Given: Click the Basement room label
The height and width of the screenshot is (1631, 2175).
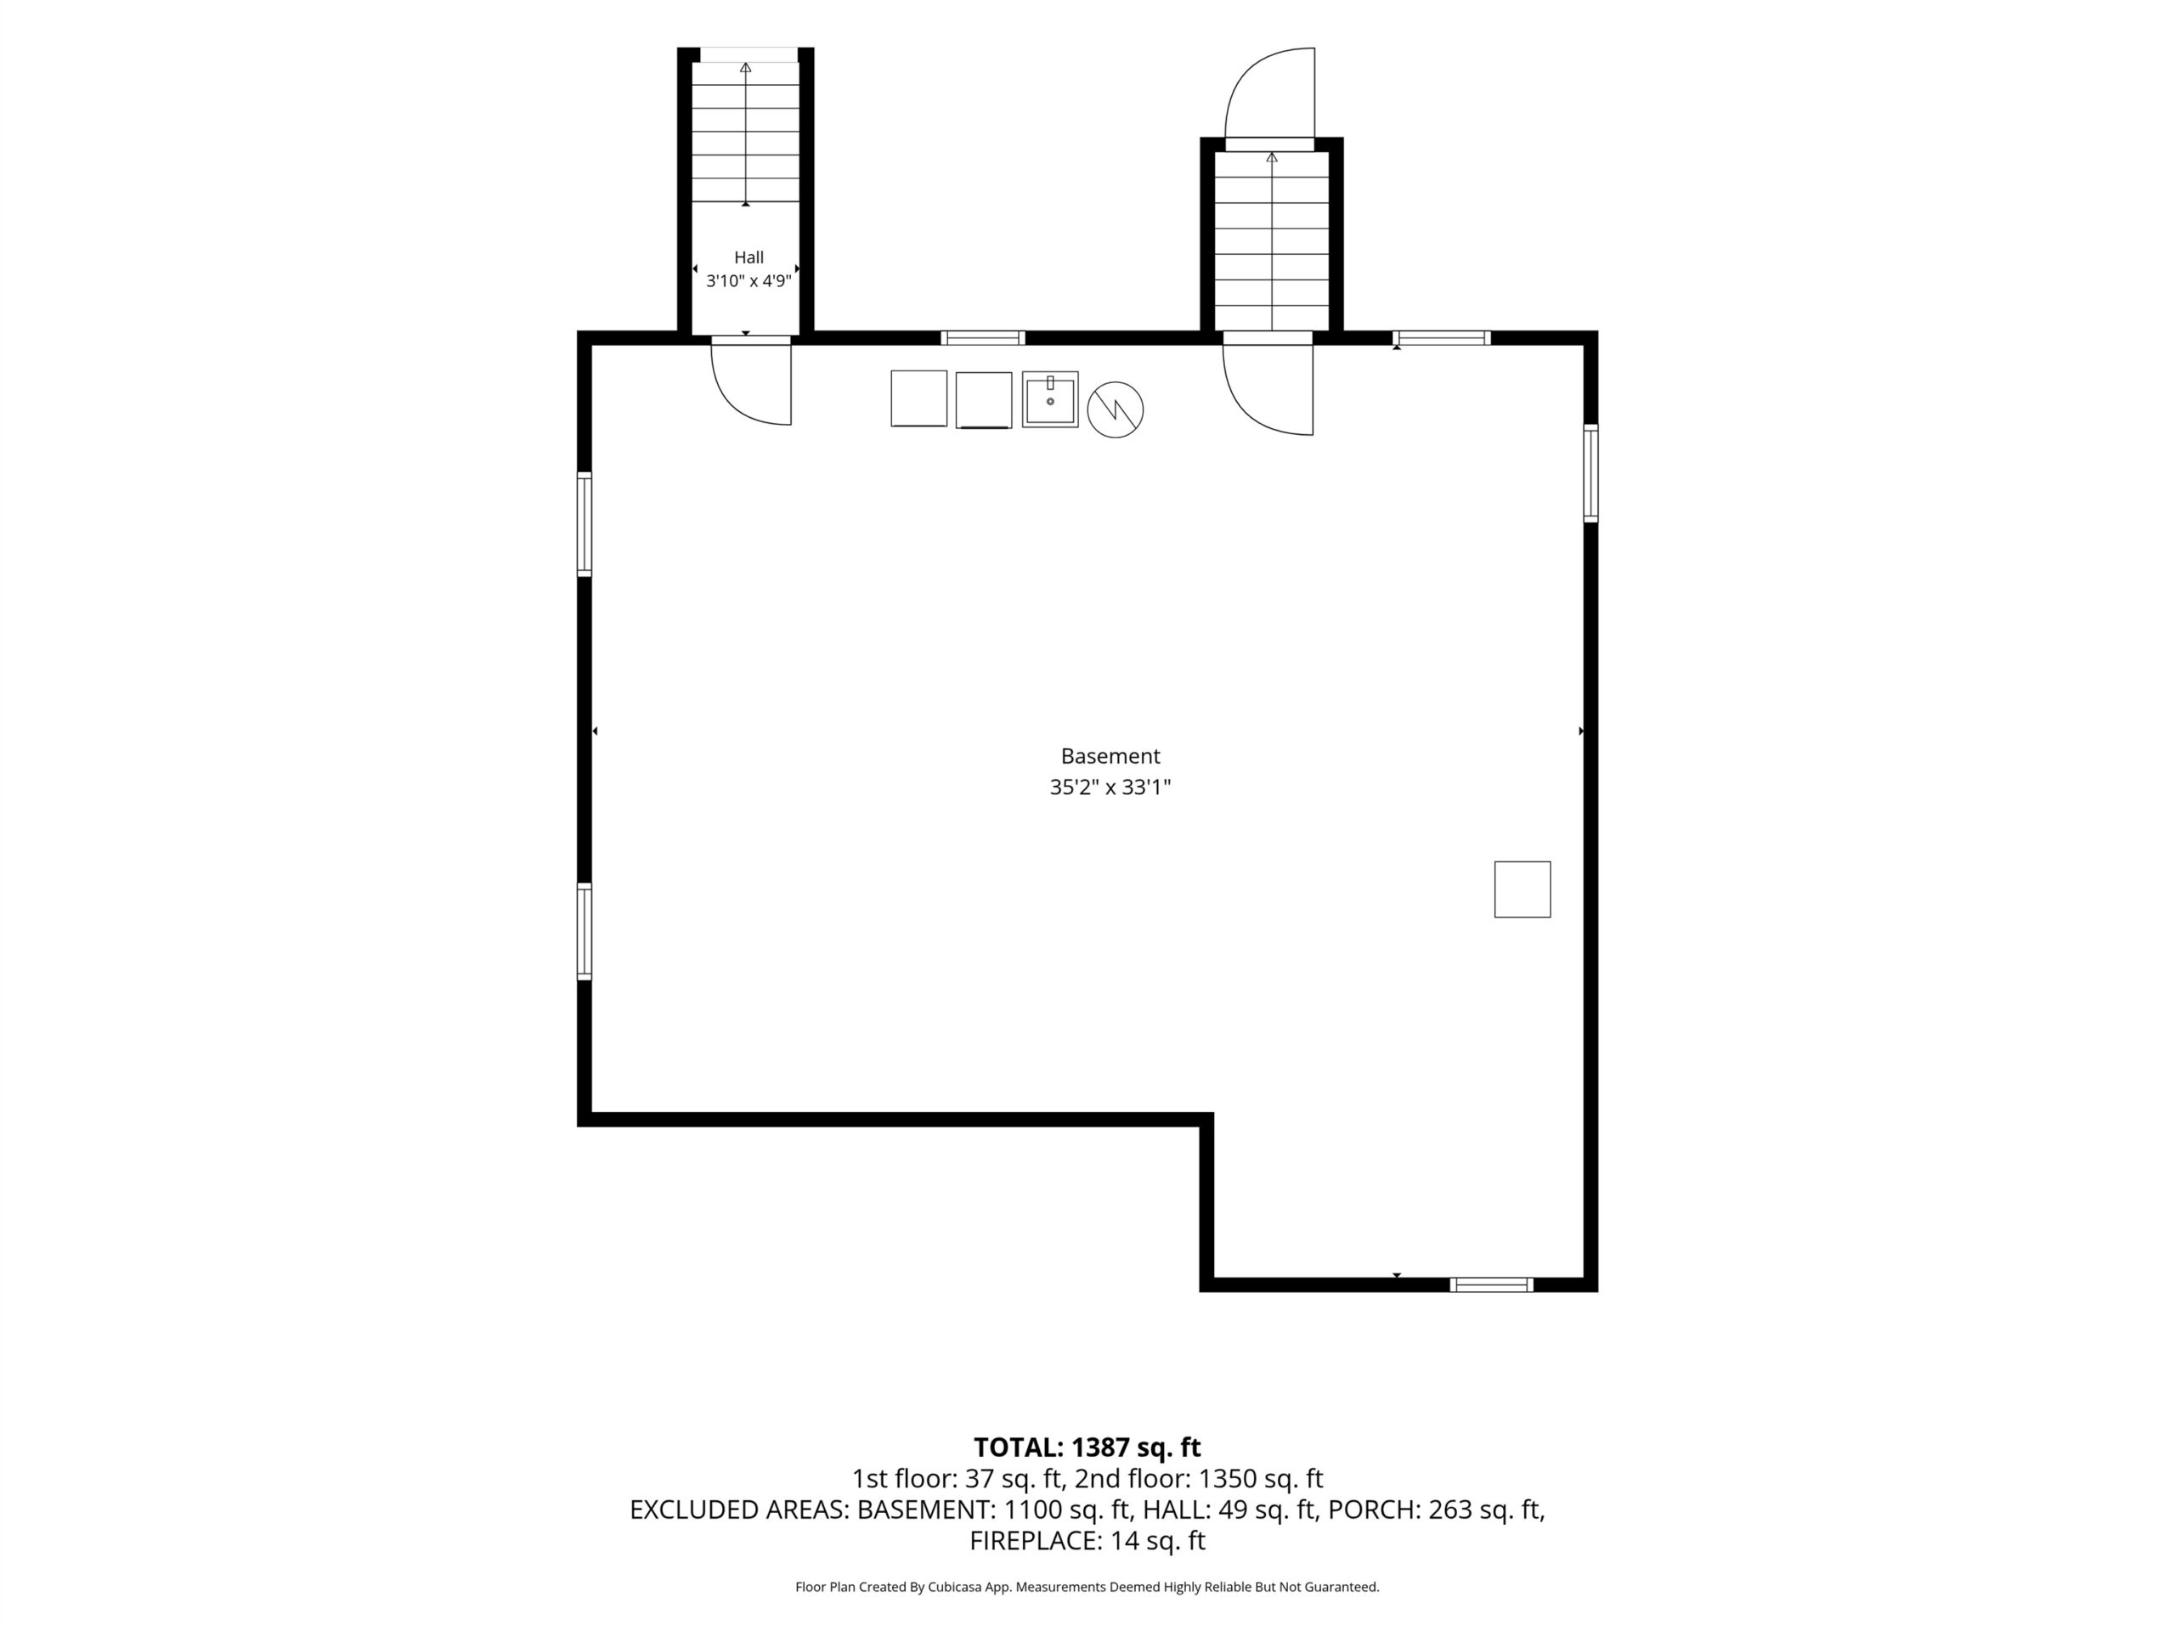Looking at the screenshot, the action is click(x=1110, y=756).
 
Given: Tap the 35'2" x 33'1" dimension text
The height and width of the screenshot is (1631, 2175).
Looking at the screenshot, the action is click(x=1110, y=787).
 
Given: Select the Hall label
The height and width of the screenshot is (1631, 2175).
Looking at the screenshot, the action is click(x=749, y=257).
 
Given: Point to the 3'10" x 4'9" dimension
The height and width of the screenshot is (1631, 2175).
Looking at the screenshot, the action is click(x=749, y=281).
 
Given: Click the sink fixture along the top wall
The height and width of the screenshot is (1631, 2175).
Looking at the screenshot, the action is click(x=1050, y=399).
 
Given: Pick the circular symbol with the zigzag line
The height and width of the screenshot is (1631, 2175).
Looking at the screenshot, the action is click(x=1115, y=409).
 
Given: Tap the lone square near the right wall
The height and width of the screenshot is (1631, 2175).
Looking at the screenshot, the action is click(x=1522, y=889).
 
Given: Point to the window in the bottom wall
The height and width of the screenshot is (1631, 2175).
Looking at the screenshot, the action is click(x=1492, y=1284).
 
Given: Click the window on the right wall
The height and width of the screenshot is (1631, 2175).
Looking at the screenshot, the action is click(x=1590, y=473).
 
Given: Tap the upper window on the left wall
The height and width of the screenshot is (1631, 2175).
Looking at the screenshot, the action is click(x=584, y=524).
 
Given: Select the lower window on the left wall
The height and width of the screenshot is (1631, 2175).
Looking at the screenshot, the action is click(x=584, y=932).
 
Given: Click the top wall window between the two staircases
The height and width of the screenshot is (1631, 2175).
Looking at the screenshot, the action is click(x=982, y=338).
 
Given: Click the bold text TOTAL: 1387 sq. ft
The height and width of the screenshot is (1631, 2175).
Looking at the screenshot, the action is click(x=1087, y=1448).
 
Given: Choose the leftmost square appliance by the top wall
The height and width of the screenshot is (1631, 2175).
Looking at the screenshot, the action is click(x=918, y=398).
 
